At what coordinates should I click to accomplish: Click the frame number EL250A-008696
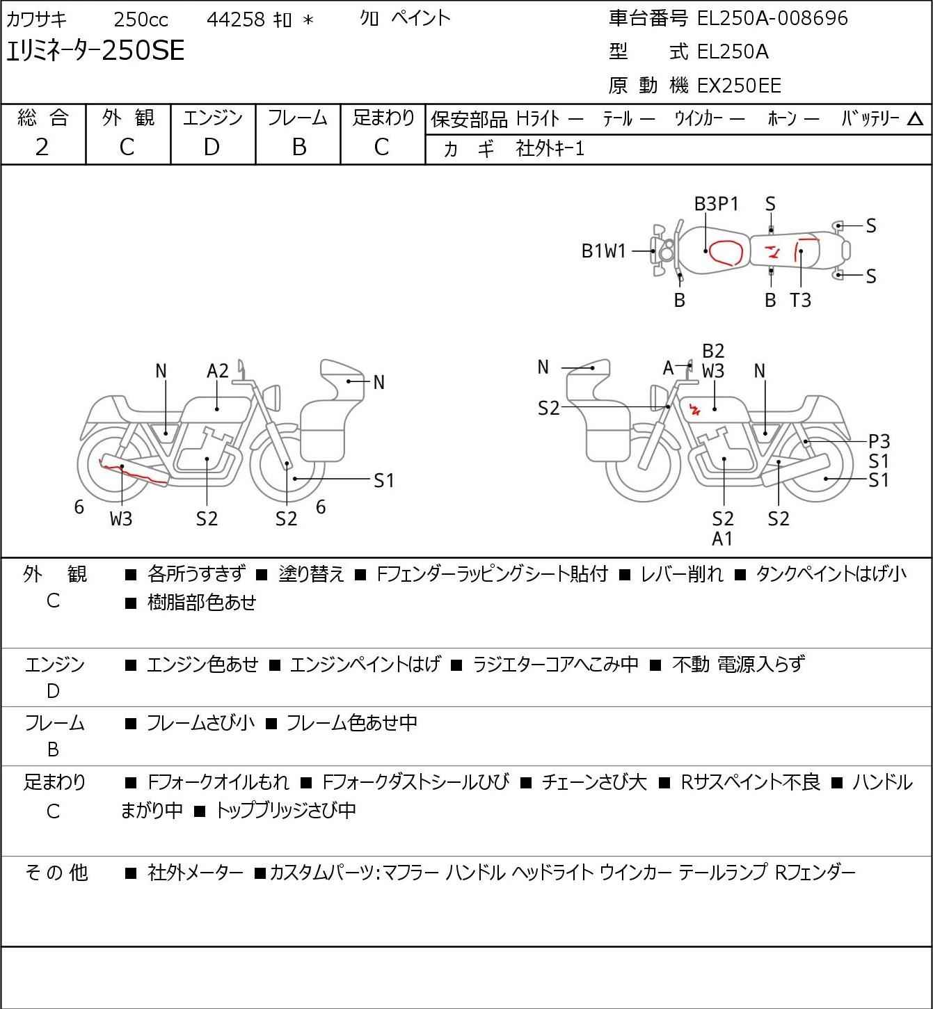[x=772, y=18]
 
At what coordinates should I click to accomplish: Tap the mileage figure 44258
[x=236, y=19]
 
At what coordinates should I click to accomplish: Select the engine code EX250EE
[x=739, y=86]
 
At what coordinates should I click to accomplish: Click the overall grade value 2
[x=42, y=148]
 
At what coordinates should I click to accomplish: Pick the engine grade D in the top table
[x=212, y=148]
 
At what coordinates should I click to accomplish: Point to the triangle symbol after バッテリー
[x=915, y=119]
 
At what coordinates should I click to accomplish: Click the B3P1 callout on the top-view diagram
[x=716, y=204]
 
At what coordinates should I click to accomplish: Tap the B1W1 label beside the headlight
[x=604, y=251]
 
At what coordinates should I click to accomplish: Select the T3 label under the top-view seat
[x=800, y=300]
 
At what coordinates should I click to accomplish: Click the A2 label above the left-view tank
[x=218, y=371]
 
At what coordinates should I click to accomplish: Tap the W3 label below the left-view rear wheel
[x=121, y=518]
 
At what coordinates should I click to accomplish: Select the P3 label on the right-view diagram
[x=879, y=441]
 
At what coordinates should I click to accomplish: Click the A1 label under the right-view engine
[x=722, y=539]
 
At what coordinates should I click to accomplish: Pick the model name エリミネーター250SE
[x=95, y=50]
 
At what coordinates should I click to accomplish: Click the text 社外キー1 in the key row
[x=550, y=149]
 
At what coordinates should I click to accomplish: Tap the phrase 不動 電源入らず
[x=738, y=664]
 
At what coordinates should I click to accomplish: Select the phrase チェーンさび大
[x=593, y=782]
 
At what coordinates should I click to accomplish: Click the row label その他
[x=56, y=873]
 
